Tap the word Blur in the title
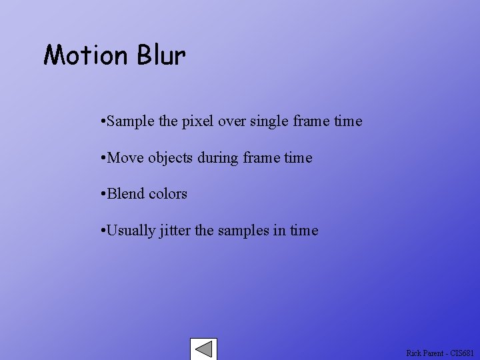click(161, 55)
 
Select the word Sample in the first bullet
click(131, 122)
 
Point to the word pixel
click(197, 122)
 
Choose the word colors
click(168, 194)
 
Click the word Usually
click(131, 231)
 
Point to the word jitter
click(175, 231)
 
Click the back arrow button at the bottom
click(203, 349)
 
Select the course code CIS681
click(462, 353)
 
